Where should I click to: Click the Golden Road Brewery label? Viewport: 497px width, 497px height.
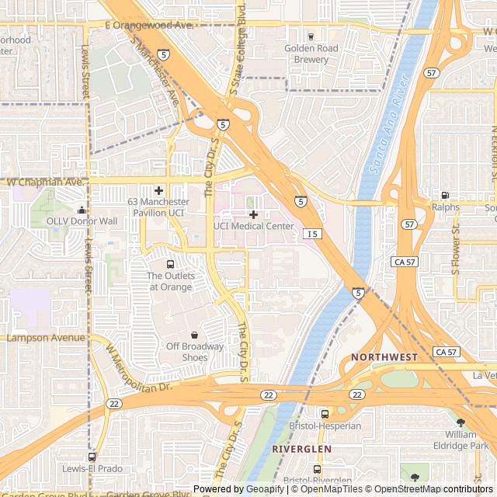click(x=311, y=54)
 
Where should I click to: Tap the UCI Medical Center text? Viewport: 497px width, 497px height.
click(x=254, y=227)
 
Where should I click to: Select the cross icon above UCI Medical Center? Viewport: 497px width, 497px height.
click(x=253, y=214)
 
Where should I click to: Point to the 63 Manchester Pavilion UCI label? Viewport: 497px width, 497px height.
click(x=156, y=207)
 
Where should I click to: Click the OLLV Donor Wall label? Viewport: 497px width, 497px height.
click(x=82, y=221)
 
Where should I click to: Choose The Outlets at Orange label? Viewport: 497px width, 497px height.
click(x=170, y=281)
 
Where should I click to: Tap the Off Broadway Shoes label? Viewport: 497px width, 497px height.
click(x=194, y=352)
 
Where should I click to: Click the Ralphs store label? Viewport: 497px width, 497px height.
click(x=445, y=207)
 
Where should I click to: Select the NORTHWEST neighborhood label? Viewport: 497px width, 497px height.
click(x=384, y=357)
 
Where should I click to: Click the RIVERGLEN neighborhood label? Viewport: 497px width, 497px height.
click(x=301, y=450)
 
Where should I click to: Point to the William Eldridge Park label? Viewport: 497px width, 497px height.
click(x=461, y=440)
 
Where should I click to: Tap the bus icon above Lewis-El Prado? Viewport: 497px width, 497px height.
click(x=92, y=457)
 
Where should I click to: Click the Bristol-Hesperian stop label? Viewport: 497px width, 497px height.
click(x=325, y=426)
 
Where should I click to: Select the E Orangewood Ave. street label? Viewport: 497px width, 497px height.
click(x=148, y=26)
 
